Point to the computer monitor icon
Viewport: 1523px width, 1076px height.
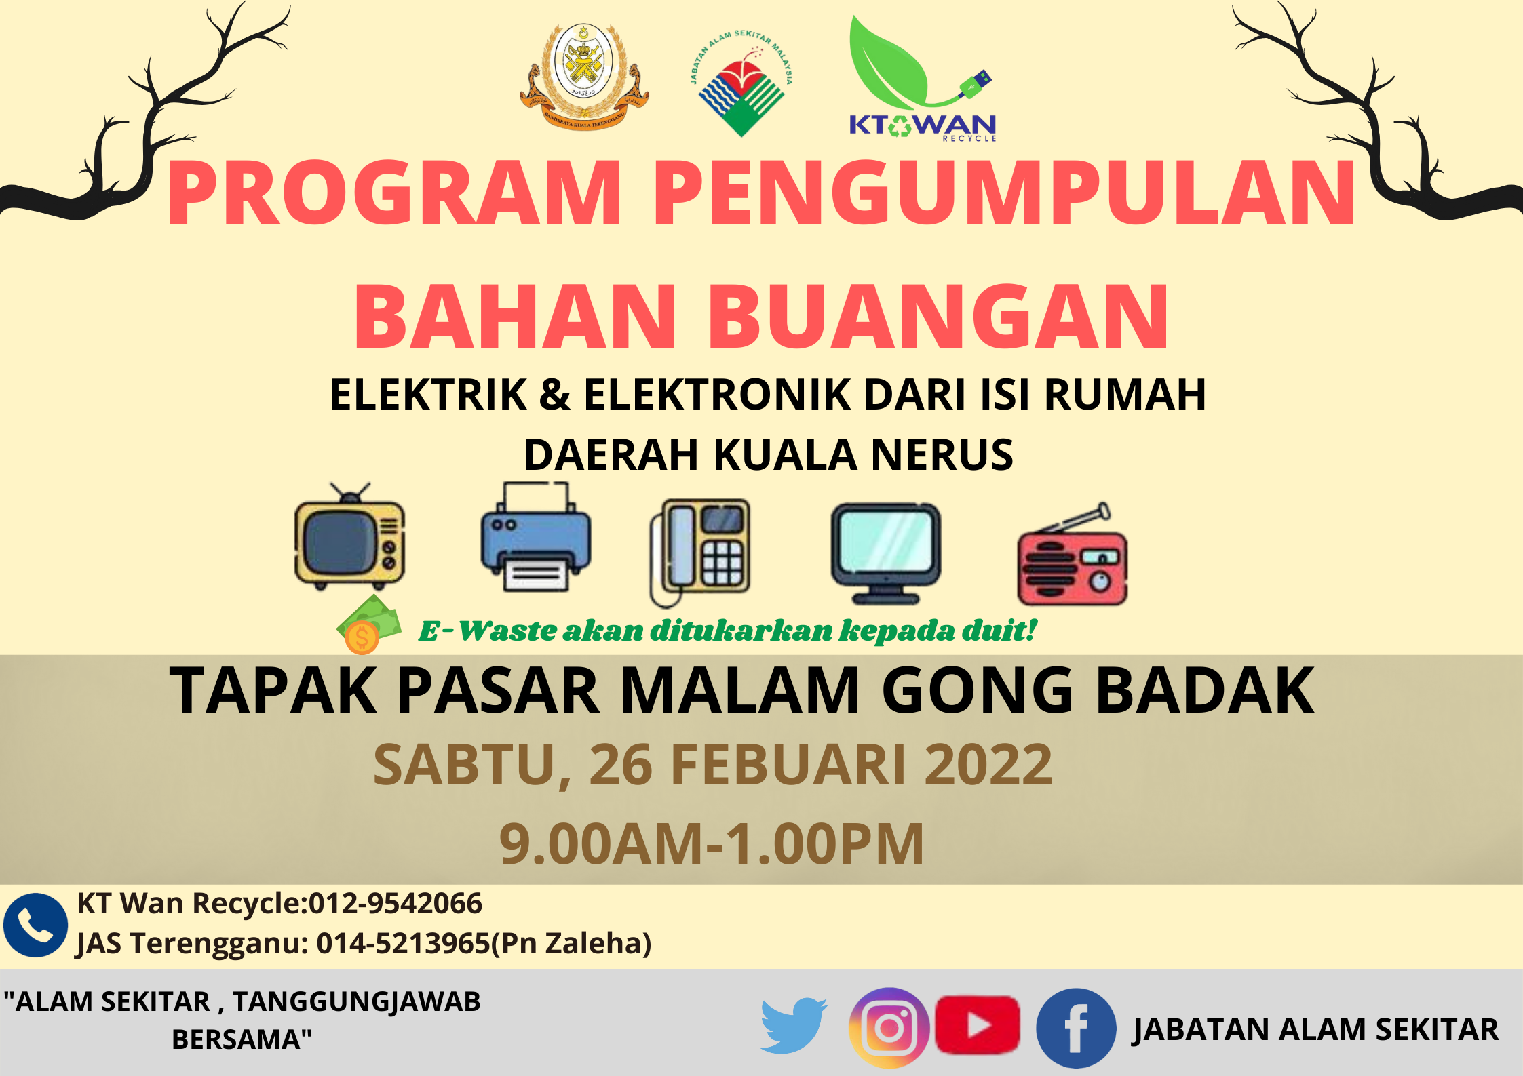[x=886, y=553]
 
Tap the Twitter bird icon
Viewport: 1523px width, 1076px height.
[x=793, y=1025]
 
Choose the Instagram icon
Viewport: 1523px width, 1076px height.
[x=889, y=1028]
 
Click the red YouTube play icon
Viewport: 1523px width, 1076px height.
[x=978, y=1025]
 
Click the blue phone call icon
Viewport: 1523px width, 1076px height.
[x=35, y=925]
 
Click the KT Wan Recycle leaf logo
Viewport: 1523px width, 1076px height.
[x=922, y=79]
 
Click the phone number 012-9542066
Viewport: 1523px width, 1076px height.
[x=395, y=903]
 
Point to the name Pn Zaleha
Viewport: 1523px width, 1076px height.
[x=571, y=943]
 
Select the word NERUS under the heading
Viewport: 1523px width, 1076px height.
[x=942, y=454]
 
